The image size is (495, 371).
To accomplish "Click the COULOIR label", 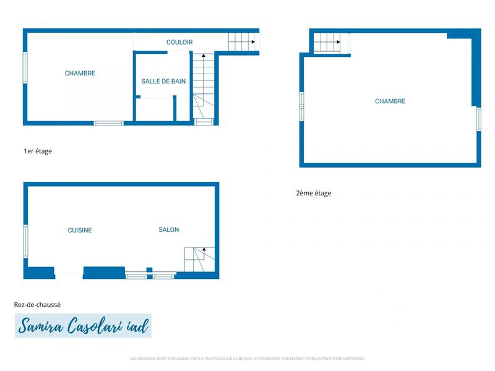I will pyautogui.click(x=179, y=42).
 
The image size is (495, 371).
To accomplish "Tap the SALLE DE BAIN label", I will pyautogui.click(x=163, y=81).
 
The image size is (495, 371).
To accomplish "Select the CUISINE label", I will pyautogui.click(x=80, y=231).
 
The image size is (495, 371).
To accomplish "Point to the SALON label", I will pyautogui.click(x=169, y=230).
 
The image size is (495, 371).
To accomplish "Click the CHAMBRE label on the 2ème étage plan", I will pyautogui.click(x=390, y=101).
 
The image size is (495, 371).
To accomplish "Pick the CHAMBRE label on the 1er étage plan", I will pyautogui.click(x=80, y=74).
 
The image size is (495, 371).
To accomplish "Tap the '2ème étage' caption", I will pyautogui.click(x=314, y=194).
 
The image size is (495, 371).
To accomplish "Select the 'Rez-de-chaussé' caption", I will pyautogui.click(x=37, y=304).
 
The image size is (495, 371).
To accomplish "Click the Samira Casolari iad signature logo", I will pyautogui.click(x=83, y=325).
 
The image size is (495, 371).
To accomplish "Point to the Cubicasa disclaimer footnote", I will pyautogui.click(x=247, y=358).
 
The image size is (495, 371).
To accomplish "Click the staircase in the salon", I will pyautogui.click(x=200, y=258).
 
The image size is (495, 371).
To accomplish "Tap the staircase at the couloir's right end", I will pyautogui.click(x=242, y=42).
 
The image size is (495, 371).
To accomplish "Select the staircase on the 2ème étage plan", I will pyautogui.click(x=326, y=43).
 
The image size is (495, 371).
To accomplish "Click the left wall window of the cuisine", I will pyautogui.click(x=25, y=241).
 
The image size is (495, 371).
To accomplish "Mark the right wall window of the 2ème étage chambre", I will pyautogui.click(x=478, y=119).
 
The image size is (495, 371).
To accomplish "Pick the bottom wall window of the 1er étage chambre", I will pyautogui.click(x=109, y=123).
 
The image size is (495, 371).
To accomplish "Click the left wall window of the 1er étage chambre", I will pyautogui.click(x=25, y=67).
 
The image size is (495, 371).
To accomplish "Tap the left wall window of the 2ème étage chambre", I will pyautogui.click(x=301, y=104).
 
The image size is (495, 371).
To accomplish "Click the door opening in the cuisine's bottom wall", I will pyautogui.click(x=69, y=273).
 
